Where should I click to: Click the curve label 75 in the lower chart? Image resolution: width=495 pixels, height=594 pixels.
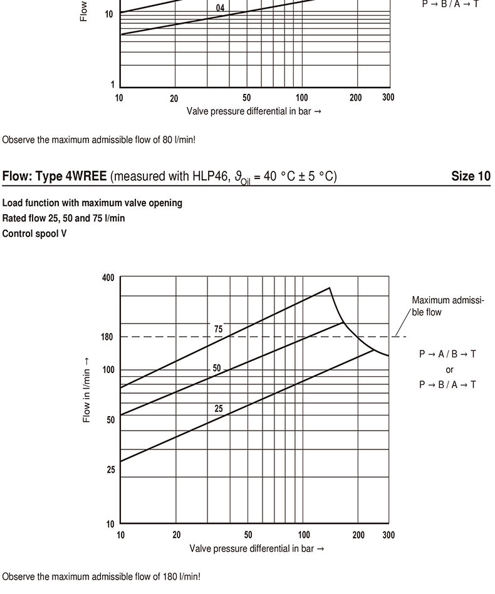pos(218,329)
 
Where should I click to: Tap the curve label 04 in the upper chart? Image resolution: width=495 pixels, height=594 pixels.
pos(219,9)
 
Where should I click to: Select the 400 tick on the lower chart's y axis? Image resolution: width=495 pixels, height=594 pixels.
pos(108,278)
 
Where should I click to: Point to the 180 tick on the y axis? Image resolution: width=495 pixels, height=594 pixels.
pos(107,337)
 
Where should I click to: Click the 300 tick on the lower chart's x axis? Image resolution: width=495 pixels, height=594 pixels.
pos(388,535)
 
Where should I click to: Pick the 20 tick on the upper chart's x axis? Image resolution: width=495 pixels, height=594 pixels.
pos(174,98)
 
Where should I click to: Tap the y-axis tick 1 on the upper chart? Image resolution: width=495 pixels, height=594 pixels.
pos(113,85)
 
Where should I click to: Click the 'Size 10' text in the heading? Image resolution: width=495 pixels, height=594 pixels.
pos(471,176)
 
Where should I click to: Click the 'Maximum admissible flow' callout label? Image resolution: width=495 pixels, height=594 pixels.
pos(447,306)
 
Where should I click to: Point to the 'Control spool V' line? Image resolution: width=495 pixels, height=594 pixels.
pos(34,233)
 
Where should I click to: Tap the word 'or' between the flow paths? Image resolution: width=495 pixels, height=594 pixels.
pos(449,370)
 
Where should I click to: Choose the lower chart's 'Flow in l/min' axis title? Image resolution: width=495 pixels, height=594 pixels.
pos(86,391)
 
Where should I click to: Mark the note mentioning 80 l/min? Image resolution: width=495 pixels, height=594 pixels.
pos(99,140)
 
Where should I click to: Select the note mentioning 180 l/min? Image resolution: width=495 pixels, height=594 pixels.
pos(101,576)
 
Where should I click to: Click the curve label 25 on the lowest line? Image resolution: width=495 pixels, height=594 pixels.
pos(218,409)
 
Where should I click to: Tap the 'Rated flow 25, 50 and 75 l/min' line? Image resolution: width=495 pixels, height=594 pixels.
pos(64,218)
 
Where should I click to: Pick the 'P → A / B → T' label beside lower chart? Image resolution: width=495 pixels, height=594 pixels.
pos(447,354)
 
